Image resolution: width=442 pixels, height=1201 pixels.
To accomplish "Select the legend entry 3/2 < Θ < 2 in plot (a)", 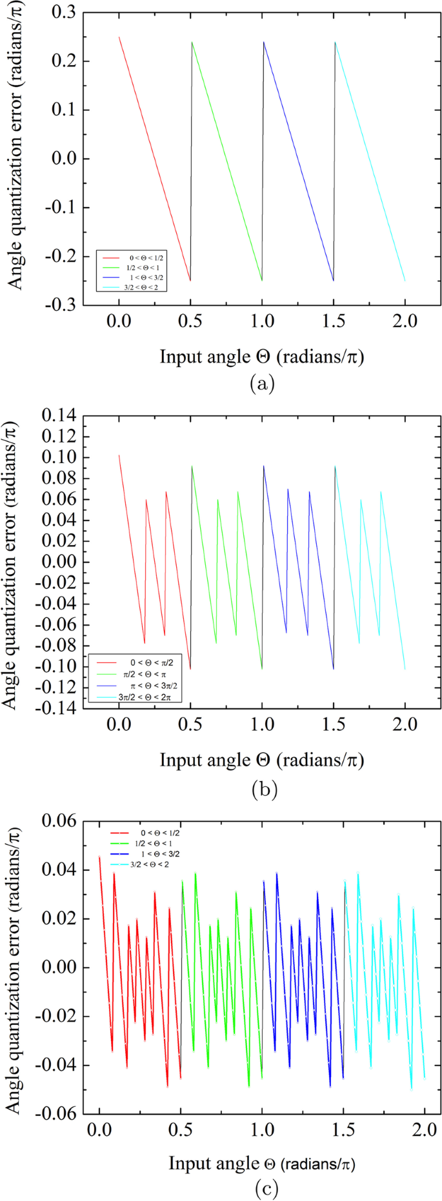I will point(141,287).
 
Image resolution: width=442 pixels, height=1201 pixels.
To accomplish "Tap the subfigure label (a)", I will point(261,384).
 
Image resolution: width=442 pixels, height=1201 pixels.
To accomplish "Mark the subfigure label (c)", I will point(261,1188).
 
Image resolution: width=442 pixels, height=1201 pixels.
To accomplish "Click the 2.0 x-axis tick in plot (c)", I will point(424,1130).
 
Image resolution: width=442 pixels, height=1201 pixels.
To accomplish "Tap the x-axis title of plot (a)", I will point(261,356).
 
